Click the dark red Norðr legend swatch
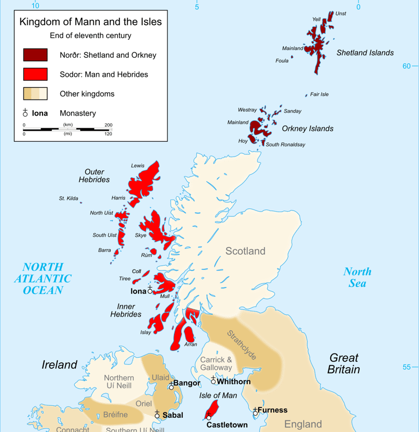(35, 55)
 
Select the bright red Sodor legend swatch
(35, 74)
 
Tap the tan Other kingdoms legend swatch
(35, 94)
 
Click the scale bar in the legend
(67, 129)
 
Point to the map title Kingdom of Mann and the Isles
(91, 22)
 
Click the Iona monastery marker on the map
(150, 291)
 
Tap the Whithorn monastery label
(234, 381)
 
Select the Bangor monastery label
(187, 383)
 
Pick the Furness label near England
(272, 410)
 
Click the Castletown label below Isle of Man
(227, 424)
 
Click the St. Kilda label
(69, 199)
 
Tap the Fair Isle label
(319, 94)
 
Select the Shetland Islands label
(365, 53)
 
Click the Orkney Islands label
(307, 129)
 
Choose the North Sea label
(357, 277)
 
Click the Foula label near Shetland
(282, 61)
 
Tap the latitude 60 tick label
(406, 66)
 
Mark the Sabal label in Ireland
(172, 415)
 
